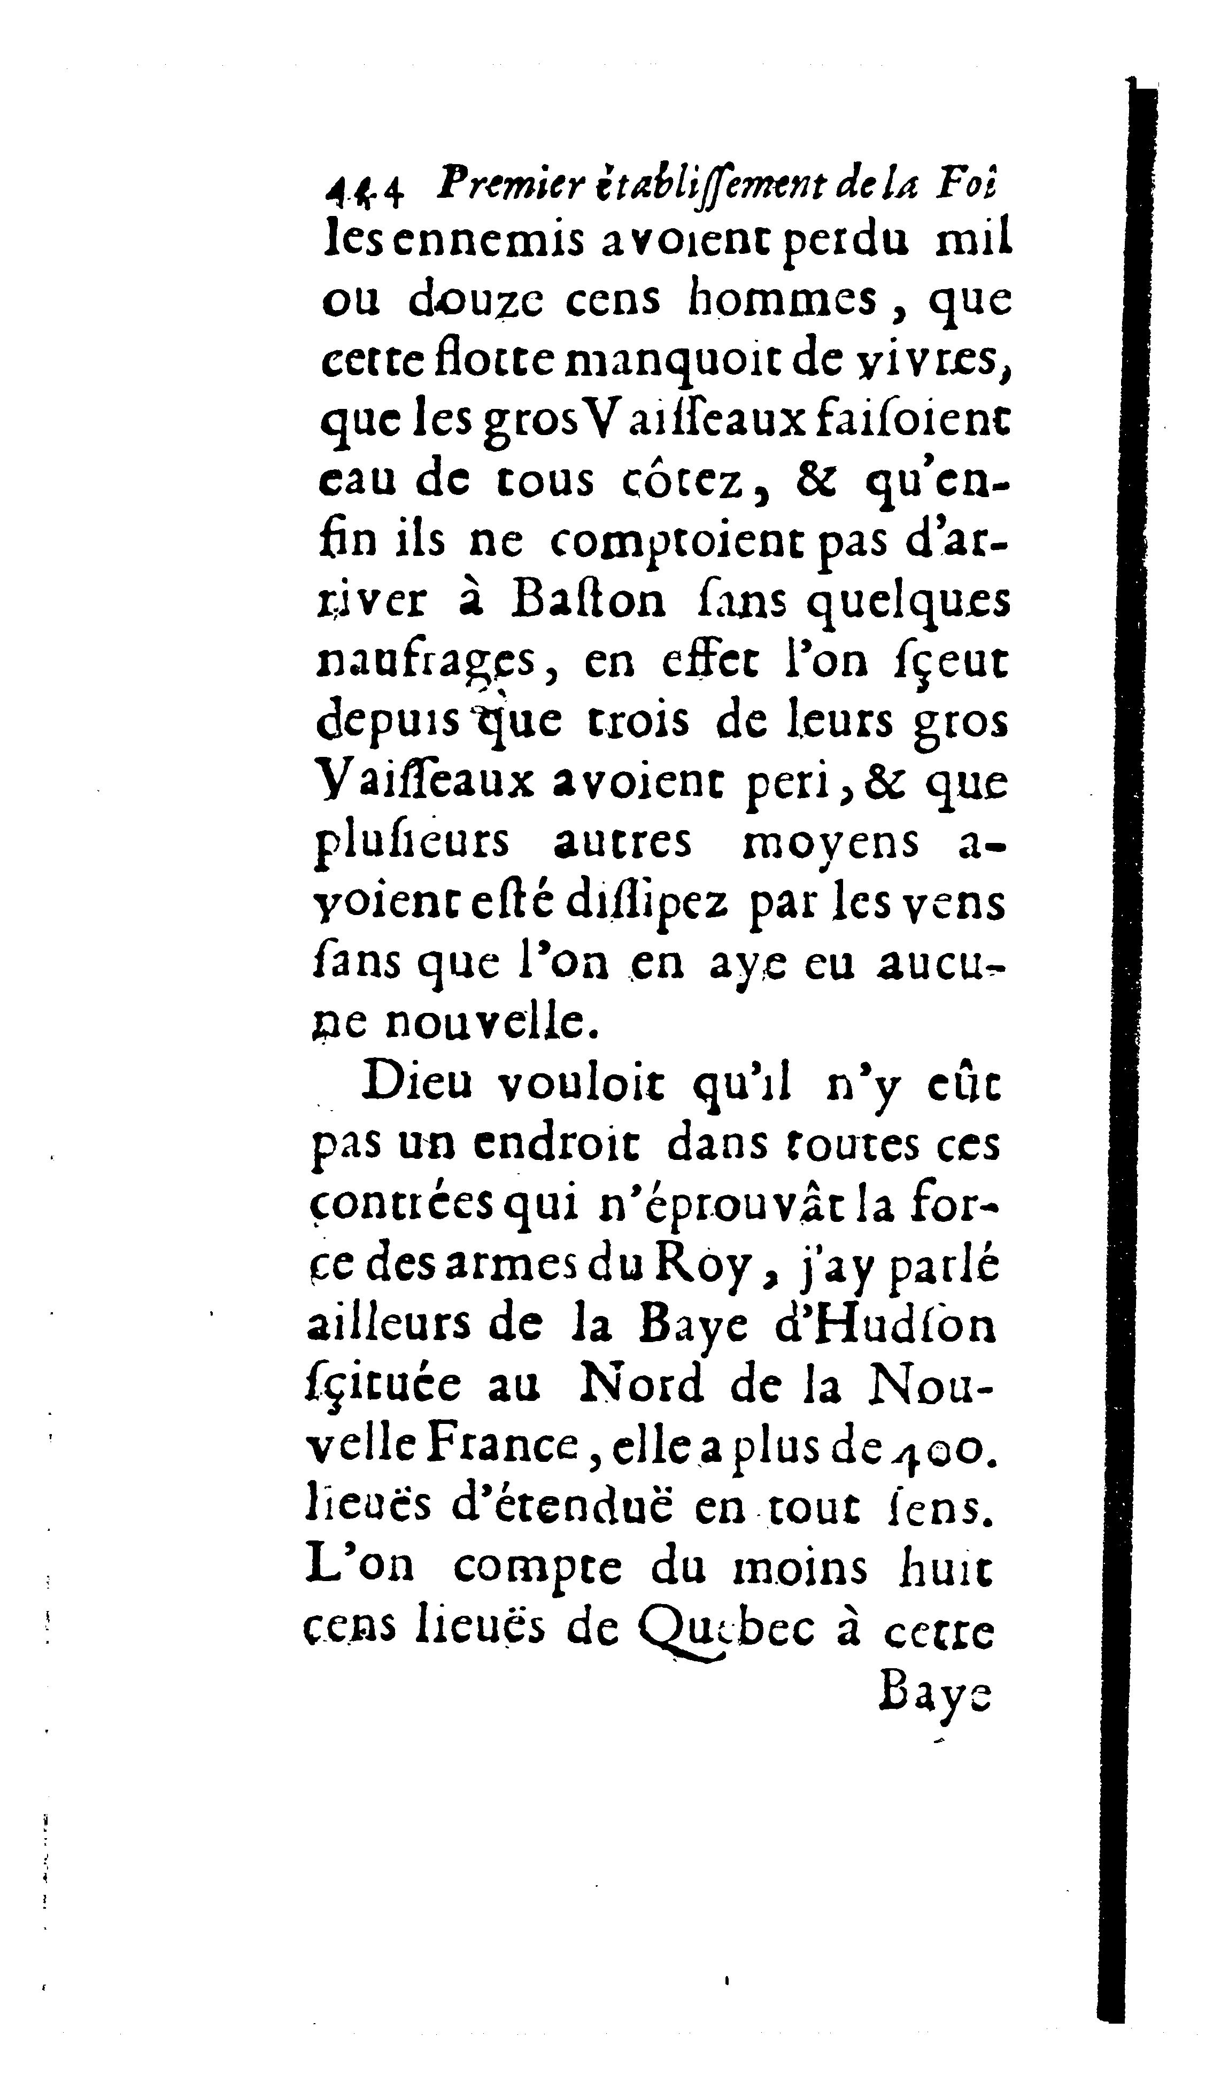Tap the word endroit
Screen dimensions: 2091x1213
point(551,1144)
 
